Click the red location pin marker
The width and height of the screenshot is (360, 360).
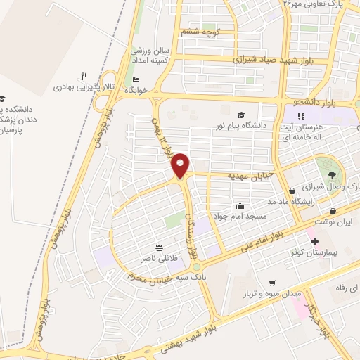click(181, 165)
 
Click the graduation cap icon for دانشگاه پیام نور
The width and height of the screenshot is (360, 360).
click(241, 115)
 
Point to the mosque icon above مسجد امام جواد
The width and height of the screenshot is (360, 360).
click(240, 205)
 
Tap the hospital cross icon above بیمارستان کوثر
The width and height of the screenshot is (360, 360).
click(314, 241)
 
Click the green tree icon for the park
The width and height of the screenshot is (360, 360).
click(331, 174)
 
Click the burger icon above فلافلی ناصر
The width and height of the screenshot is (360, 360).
click(159, 248)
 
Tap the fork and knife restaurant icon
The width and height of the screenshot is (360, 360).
click(84, 76)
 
